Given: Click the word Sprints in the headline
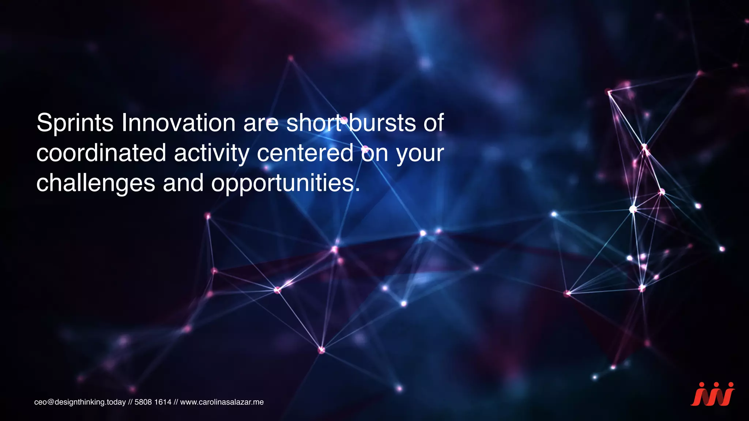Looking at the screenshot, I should point(75,124).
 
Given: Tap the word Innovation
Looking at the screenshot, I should point(178,123).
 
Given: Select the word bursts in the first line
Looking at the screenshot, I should point(382,123).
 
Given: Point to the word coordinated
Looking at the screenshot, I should point(101,153).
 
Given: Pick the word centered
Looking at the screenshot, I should point(305,153).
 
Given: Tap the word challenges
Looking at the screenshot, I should point(95,184).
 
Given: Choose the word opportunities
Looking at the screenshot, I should point(283,184).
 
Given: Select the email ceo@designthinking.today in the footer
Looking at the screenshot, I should point(80,402).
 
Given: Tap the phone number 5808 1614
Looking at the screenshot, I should point(153,402).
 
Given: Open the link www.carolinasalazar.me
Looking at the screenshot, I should point(222,402).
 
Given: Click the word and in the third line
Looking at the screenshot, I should point(183,183).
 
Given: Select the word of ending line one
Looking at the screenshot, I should point(434,123).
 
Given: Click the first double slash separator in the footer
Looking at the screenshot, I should point(130,402).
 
